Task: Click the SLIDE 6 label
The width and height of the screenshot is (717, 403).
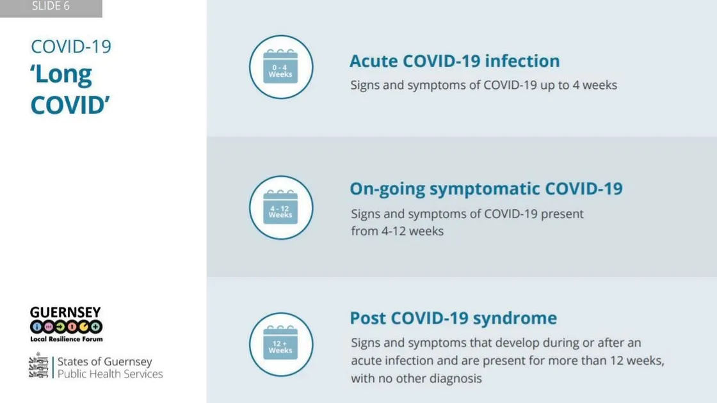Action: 51,6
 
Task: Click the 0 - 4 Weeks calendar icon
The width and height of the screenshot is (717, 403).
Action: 280,67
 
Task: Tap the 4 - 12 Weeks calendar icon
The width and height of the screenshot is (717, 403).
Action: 280,207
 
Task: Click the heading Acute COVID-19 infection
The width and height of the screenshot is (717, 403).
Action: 455,61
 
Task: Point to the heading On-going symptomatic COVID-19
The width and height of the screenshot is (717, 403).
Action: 486,189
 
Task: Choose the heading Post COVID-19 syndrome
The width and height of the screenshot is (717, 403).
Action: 453,318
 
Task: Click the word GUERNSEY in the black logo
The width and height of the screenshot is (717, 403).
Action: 65,313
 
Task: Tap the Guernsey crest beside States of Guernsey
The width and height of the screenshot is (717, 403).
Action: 38,365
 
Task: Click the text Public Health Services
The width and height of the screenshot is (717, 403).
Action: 109,374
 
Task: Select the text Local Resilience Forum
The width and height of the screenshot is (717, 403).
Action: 67,339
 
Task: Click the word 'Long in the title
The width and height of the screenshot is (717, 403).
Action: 61,74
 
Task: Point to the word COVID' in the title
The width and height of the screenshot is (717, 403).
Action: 70,106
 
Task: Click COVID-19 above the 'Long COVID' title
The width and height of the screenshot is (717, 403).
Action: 71,47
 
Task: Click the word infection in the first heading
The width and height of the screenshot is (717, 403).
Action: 522,61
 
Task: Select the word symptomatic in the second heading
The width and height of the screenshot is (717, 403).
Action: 485,189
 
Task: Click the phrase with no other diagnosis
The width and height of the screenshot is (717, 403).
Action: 417,379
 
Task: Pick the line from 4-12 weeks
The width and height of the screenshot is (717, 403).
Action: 398,231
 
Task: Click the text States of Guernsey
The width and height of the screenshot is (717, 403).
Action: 105,361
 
